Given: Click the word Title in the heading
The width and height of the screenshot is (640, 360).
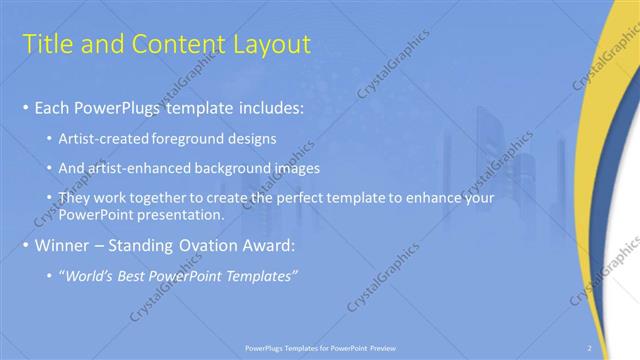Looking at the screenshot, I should click(48, 44).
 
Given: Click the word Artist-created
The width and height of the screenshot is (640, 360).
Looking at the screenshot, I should click(105, 137).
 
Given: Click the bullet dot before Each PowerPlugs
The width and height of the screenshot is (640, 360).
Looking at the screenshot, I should click(25, 107).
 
